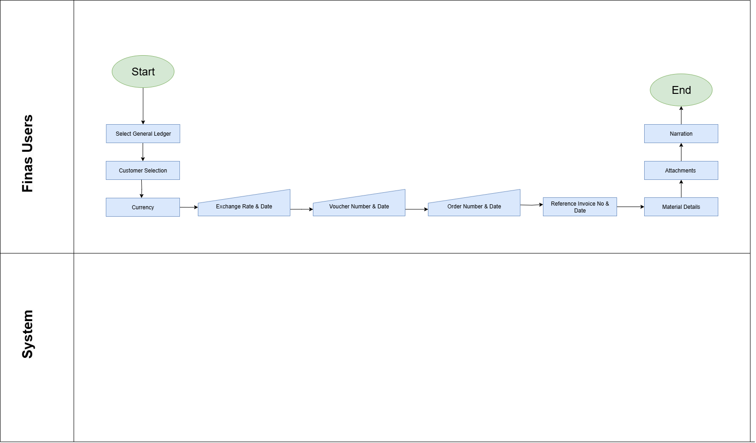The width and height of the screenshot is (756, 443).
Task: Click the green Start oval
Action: (x=143, y=71)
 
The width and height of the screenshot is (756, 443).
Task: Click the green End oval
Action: (x=681, y=90)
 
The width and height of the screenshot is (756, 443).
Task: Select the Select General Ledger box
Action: (x=143, y=133)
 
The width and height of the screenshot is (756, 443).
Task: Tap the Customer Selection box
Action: (x=143, y=170)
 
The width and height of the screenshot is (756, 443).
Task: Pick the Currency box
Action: (x=143, y=207)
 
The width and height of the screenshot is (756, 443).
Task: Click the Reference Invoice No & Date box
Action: (x=580, y=207)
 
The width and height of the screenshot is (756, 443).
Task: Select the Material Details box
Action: (x=681, y=207)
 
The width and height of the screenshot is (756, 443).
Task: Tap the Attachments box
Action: (x=681, y=170)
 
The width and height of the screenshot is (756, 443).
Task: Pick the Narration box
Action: (x=681, y=133)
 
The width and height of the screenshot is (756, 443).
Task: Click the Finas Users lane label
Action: (x=27, y=154)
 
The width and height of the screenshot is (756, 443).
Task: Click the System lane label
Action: (x=27, y=334)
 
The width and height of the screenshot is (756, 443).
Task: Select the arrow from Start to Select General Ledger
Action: (x=143, y=106)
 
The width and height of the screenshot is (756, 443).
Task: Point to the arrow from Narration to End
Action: (x=681, y=115)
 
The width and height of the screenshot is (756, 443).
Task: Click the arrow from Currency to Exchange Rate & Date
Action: (x=189, y=207)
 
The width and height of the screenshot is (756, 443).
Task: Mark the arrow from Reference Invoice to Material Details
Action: (x=630, y=207)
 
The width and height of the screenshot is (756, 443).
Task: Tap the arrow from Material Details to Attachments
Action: (x=681, y=189)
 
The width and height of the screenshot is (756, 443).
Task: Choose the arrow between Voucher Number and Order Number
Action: (x=417, y=209)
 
